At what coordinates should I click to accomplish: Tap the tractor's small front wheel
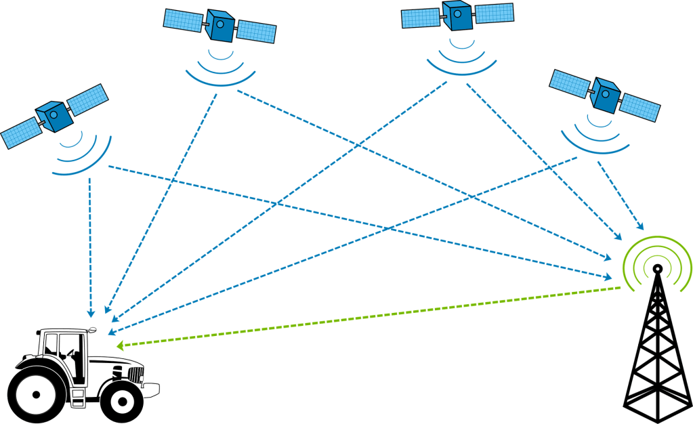[122, 401]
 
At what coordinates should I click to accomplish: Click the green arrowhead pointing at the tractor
[121, 345]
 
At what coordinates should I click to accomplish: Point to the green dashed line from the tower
[373, 316]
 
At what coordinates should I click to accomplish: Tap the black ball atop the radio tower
[656, 269]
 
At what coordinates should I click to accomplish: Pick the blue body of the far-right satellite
[605, 95]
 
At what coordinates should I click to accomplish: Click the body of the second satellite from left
[219, 26]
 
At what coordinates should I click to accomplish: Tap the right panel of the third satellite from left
[493, 13]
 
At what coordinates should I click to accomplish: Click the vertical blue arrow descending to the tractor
[89, 244]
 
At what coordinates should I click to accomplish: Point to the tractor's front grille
[135, 374]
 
